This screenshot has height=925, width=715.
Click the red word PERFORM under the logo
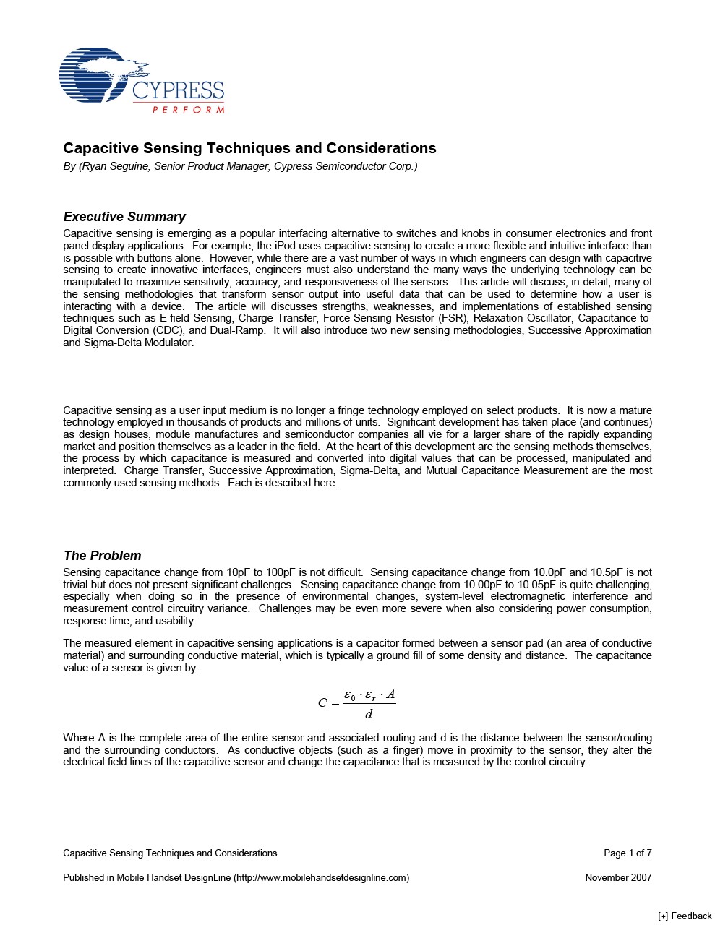188,110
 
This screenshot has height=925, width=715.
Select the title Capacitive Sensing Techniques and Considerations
249,148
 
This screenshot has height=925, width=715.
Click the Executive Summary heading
124,217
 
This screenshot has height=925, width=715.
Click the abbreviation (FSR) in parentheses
455,318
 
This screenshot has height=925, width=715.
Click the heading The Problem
102,556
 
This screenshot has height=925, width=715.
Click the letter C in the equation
322,702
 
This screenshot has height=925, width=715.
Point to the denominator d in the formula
369,715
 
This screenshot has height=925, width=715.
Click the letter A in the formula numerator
390,695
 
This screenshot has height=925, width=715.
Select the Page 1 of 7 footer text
628,853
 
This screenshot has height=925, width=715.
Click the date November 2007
618,877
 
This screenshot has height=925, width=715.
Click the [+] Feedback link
684,916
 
